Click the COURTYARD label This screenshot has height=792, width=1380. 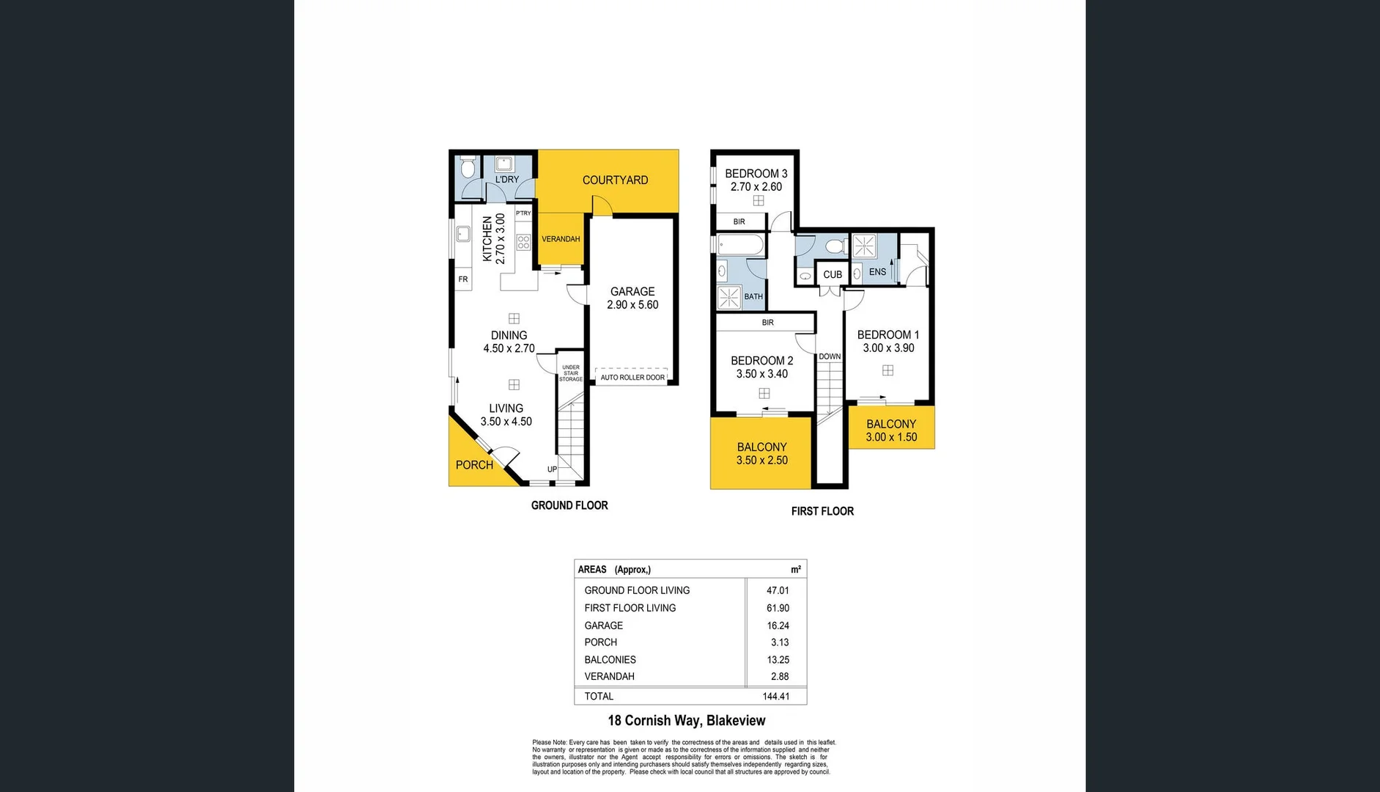pyautogui.click(x=615, y=180)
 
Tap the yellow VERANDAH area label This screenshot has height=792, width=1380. pyautogui.click(x=561, y=239)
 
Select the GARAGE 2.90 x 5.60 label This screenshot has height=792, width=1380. pyautogui.click(x=632, y=298)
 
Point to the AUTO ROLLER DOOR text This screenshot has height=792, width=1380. pyautogui.click(x=632, y=378)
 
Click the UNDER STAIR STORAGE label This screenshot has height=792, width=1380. pyautogui.click(x=571, y=373)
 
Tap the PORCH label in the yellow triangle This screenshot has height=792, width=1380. pyautogui.click(x=474, y=465)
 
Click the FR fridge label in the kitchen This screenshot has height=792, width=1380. pyautogui.click(x=463, y=279)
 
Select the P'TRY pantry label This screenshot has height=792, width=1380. pyautogui.click(x=523, y=213)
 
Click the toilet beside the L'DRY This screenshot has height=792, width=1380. pyautogui.click(x=468, y=169)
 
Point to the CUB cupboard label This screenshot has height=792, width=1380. pyautogui.click(x=833, y=275)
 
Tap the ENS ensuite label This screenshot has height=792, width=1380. pyautogui.click(x=877, y=272)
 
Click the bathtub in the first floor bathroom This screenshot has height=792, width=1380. pyautogui.click(x=740, y=245)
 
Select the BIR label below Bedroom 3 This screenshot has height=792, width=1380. pyautogui.click(x=739, y=221)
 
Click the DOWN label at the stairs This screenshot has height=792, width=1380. pyautogui.click(x=830, y=356)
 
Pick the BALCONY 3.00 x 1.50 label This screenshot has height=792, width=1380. pyautogui.click(x=891, y=430)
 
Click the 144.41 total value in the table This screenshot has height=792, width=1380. pyautogui.click(x=775, y=697)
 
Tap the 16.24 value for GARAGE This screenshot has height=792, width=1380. pyautogui.click(x=778, y=626)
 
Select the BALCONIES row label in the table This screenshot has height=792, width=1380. pyautogui.click(x=610, y=660)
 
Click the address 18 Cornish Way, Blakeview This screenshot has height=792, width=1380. pyautogui.click(x=687, y=721)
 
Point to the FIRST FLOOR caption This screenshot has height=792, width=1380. pyautogui.click(x=822, y=511)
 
